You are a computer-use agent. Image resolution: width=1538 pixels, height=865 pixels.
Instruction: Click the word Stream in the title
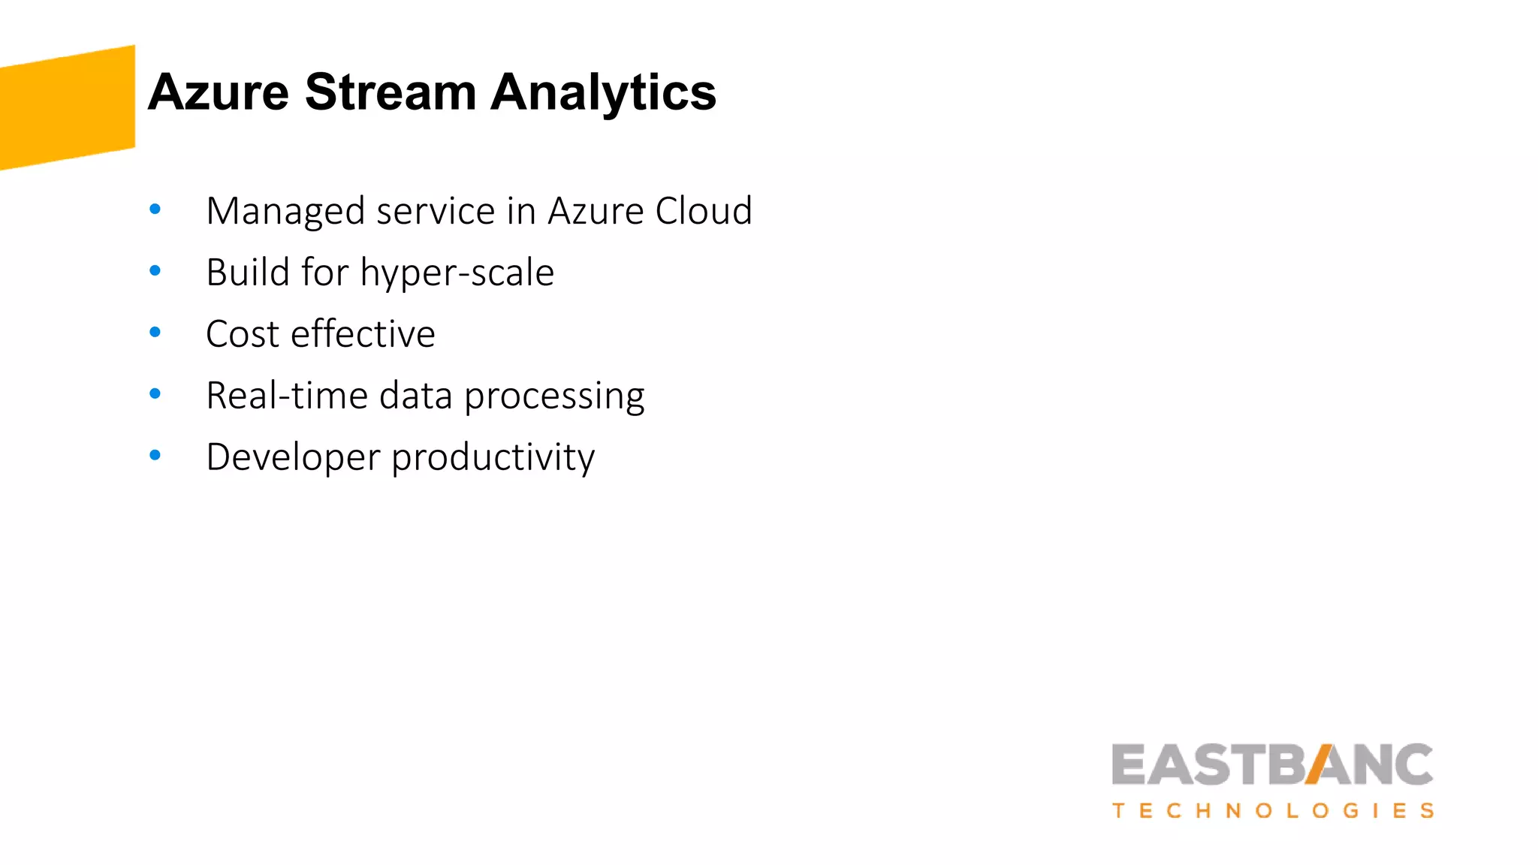pos(391,92)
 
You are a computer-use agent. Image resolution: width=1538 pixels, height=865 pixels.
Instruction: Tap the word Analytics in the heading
pos(603,92)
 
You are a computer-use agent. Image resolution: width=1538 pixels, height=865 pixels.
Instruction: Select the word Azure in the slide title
pos(219,92)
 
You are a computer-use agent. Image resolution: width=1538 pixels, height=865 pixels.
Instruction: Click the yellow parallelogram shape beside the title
pos(68,107)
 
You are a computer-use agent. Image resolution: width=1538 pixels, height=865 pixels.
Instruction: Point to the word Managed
pos(285,211)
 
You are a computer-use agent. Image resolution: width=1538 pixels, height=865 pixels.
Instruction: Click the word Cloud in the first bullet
pos(704,211)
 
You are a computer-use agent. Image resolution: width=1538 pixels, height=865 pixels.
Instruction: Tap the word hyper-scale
pos(457,273)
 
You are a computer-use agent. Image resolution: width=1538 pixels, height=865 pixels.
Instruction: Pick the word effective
pos(363,334)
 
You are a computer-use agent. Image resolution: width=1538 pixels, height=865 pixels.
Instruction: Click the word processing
pos(554,396)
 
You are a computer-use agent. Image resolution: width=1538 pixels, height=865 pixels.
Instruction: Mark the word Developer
pos(293,457)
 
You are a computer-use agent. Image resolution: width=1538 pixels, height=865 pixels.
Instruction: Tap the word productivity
pos(493,457)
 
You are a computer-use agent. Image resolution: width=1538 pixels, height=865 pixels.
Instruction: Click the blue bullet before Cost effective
pos(155,332)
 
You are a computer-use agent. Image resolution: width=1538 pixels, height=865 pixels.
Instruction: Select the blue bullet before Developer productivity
pos(155,455)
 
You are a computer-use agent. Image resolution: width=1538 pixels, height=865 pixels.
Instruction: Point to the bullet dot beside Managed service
pos(155,209)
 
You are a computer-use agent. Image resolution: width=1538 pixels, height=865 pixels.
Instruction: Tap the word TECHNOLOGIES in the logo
pos(1273,811)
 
